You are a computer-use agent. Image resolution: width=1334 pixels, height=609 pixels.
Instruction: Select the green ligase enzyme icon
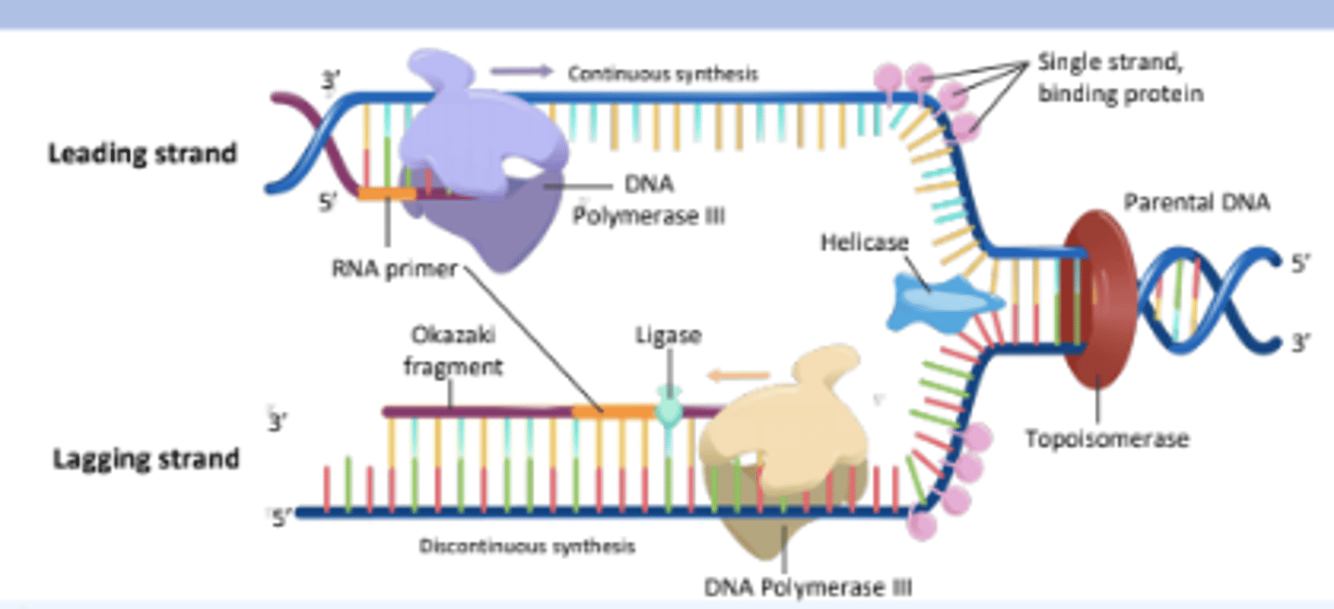668,407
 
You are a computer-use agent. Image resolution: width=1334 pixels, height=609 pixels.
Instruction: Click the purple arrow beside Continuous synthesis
522,71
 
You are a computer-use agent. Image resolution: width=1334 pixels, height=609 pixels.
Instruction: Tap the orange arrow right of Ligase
738,375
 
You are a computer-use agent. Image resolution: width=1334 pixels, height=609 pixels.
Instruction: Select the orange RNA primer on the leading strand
386,194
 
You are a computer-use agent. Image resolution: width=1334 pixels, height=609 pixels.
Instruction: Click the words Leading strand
142,153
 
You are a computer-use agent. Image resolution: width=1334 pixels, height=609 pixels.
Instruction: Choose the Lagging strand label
145,458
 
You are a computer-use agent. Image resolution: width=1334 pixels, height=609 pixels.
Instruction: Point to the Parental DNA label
1196,203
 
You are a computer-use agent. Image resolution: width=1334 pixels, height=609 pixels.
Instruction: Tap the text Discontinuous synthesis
527,546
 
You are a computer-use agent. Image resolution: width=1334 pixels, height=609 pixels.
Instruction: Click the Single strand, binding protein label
1119,79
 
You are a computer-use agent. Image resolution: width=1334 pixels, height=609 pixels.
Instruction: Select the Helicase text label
864,242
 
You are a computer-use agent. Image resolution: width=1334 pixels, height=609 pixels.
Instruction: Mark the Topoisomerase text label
1106,438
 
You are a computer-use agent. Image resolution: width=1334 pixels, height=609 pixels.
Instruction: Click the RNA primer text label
395,269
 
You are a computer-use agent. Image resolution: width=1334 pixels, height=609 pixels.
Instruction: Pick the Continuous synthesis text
662,74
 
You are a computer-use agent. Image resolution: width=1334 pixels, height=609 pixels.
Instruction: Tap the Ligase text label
667,335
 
